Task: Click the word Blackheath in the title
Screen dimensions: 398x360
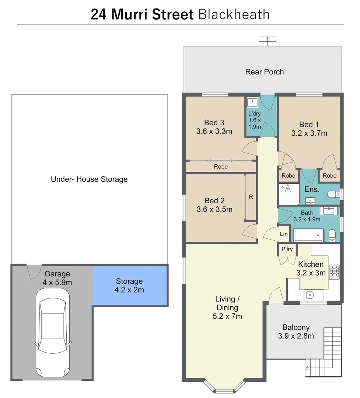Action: (x=234, y=14)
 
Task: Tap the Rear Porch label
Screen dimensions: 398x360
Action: (x=265, y=71)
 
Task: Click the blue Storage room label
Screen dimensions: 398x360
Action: (x=129, y=281)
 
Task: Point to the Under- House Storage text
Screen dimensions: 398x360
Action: (x=89, y=179)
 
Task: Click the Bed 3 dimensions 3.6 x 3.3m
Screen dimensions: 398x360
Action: (x=214, y=131)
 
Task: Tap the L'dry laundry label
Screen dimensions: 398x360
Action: (x=254, y=114)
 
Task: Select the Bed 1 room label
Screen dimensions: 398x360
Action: (x=309, y=125)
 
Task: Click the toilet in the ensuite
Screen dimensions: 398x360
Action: (x=333, y=194)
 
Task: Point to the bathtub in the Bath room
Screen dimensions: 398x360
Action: (x=308, y=235)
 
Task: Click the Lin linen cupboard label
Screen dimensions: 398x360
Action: (x=284, y=234)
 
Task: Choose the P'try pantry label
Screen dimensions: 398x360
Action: (x=287, y=249)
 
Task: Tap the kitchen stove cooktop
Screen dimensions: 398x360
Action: (x=335, y=271)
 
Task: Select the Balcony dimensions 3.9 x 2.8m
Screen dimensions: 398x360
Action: (x=296, y=336)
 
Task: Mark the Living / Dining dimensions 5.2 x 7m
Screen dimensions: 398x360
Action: (x=227, y=316)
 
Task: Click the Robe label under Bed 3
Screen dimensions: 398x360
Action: (x=221, y=167)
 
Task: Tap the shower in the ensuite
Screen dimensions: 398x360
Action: (x=289, y=195)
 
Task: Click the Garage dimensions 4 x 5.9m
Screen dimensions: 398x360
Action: (x=57, y=283)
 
